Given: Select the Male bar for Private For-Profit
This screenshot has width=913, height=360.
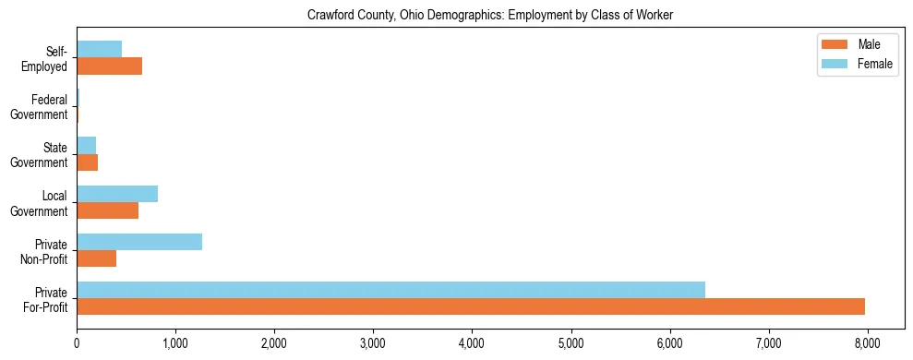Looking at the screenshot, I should (471, 306).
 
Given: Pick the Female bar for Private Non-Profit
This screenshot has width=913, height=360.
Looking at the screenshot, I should (139, 242).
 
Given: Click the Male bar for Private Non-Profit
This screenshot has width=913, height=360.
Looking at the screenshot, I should (97, 258).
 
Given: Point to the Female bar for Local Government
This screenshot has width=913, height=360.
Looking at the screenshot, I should (117, 194).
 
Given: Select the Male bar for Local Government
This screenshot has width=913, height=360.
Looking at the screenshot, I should (107, 210).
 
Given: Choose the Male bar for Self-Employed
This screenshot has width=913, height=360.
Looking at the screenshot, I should (109, 66).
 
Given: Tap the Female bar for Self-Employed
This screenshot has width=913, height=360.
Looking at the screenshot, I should (99, 49).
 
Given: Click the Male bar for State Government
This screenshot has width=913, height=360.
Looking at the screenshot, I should (87, 162).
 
